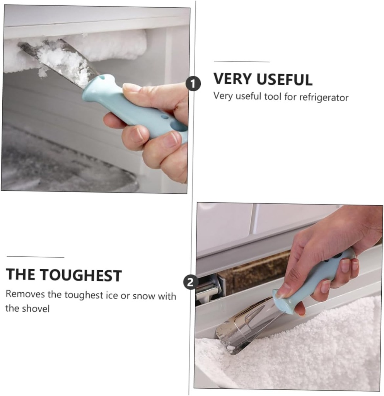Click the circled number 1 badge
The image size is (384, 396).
[x=193, y=84]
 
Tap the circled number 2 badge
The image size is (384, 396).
[x=190, y=282]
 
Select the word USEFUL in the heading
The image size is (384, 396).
[x=283, y=79]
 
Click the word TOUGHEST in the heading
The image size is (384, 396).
[x=81, y=275]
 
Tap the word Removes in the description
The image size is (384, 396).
[x=25, y=295]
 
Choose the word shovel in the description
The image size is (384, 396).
[x=37, y=309]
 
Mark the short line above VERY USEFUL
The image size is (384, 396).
[x=241, y=61]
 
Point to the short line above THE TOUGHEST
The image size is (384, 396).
[x=35, y=257]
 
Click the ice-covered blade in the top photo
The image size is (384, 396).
[x=62, y=60]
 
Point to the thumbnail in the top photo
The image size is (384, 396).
[x=132, y=87]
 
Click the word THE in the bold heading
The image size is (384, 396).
[x=21, y=275]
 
